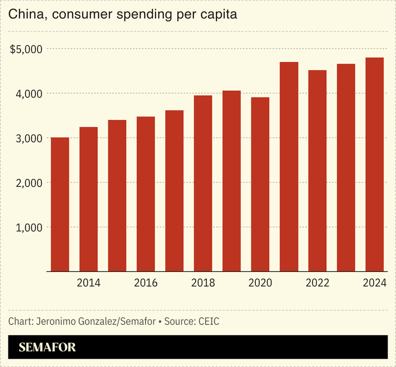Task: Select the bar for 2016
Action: (x=146, y=194)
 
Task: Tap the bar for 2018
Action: (x=203, y=183)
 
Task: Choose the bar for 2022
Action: (x=317, y=171)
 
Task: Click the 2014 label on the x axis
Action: (x=89, y=283)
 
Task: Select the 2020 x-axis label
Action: (x=260, y=283)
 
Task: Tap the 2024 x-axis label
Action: (x=375, y=283)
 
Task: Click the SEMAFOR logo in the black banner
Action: (x=48, y=348)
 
